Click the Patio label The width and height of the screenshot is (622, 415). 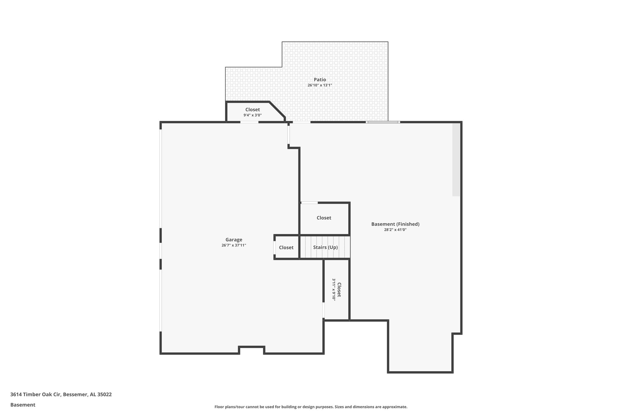(x=320, y=80)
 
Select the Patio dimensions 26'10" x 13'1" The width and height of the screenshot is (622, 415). (x=320, y=85)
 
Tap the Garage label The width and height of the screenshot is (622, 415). (x=234, y=240)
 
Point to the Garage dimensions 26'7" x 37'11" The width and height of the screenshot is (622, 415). (x=234, y=245)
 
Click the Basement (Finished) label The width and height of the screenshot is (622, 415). (x=395, y=224)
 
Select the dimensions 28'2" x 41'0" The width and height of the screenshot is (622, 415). (x=395, y=230)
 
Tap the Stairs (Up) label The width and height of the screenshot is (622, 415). (x=325, y=247)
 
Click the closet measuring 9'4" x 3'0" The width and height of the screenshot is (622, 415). (x=252, y=112)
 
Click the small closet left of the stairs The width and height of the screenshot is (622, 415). (x=286, y=247)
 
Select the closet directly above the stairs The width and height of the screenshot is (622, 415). (x=324, y=218)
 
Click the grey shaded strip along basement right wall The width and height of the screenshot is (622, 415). (x=456, y=160)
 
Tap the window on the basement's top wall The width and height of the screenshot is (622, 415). (x=383, y=122)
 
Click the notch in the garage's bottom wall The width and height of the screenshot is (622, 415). (x=251, y=350)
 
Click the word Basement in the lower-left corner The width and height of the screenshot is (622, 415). (x=23, y=405)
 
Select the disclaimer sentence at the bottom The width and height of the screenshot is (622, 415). (x=311, y=407)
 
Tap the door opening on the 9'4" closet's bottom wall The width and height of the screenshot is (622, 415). (x=249, y=122)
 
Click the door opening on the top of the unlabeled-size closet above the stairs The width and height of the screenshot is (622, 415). (x=309, y=203)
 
